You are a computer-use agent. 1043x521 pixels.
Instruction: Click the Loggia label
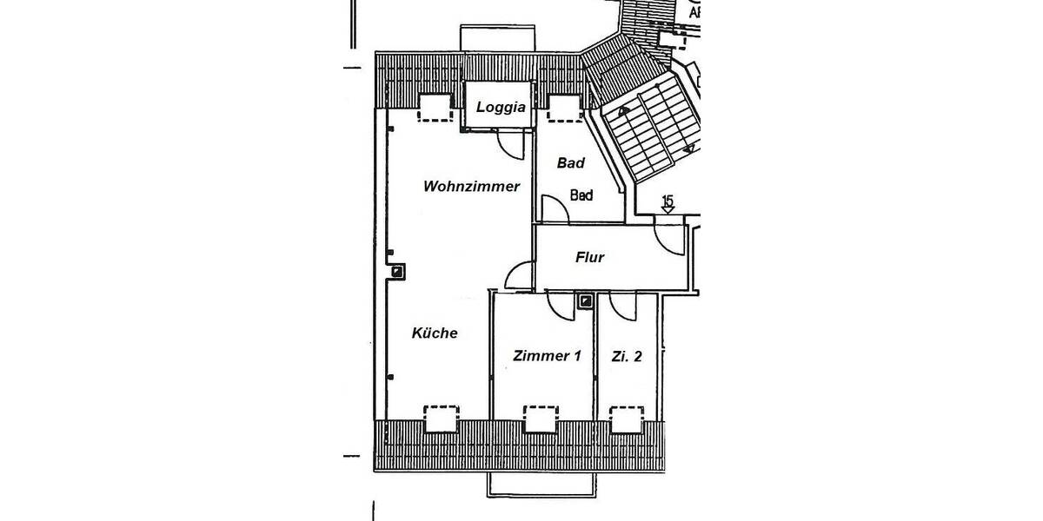point(500,108)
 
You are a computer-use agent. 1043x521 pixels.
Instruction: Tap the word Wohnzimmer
point(471,186)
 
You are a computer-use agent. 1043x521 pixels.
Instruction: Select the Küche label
point(435,333)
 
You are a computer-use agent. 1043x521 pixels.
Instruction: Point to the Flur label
point(589,257)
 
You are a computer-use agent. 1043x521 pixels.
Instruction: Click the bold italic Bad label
point(571,163)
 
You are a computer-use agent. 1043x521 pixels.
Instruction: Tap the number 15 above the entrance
point(668,202)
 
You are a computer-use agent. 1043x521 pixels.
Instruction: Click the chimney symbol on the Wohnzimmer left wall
point(396,272)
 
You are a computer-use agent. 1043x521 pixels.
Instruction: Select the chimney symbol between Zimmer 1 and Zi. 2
point(586,301)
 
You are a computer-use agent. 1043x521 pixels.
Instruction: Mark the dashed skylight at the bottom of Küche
point(441,418)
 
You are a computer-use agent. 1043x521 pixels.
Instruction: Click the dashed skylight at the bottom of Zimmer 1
point(540,418)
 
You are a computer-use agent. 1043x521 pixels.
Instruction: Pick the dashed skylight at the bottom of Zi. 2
point(627,419)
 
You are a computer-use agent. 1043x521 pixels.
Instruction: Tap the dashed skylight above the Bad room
point(564,106)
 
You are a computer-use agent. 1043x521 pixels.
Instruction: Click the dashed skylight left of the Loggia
point(435,106)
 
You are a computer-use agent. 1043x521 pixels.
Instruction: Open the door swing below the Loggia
point(508,144)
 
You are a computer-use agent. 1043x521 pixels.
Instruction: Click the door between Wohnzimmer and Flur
point(520,276)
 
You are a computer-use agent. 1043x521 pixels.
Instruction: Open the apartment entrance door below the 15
point(670,239)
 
